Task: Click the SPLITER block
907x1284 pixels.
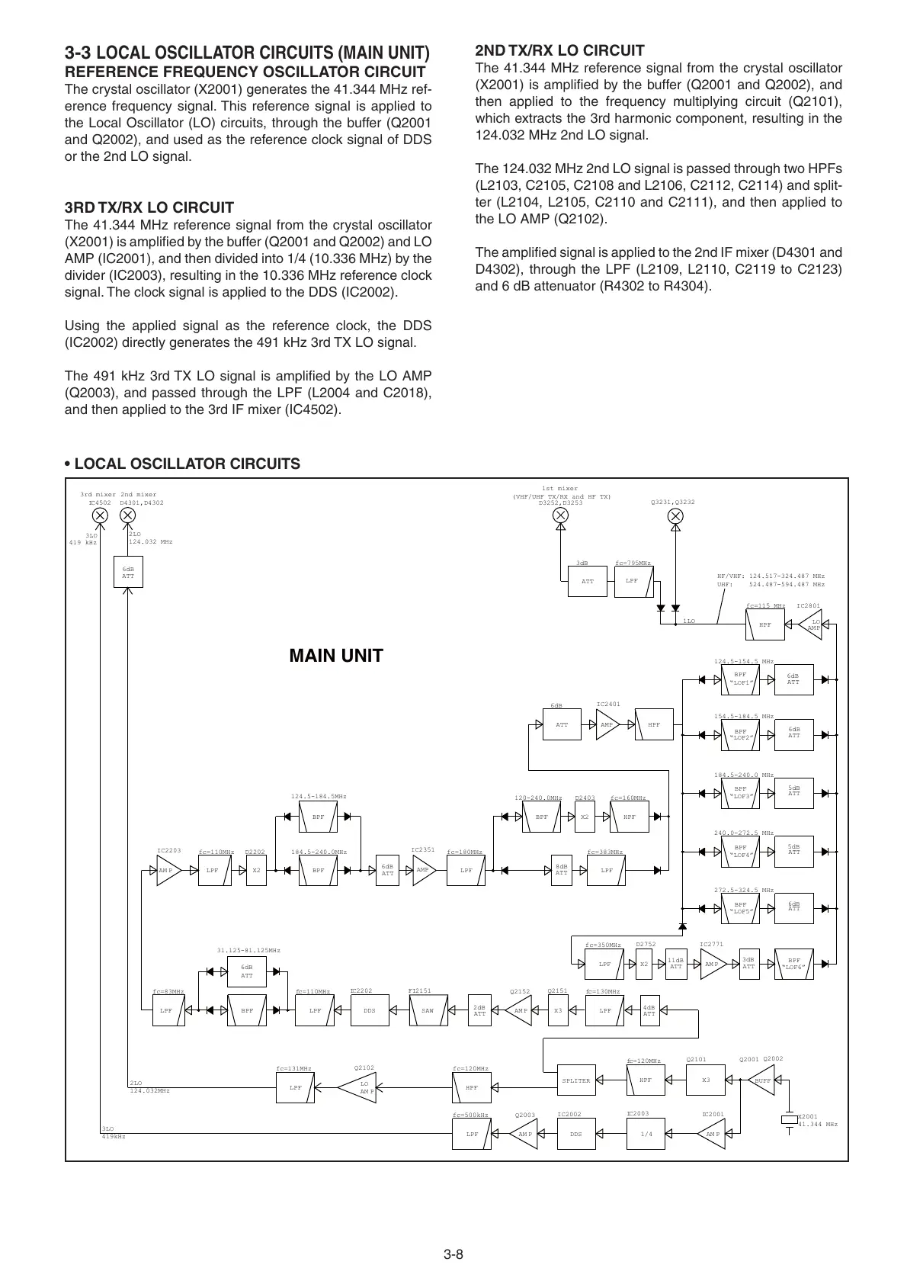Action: pos(575,1080)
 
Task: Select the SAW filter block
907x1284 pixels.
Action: pos(428,1011)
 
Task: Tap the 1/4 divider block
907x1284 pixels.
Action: pos(646,1134)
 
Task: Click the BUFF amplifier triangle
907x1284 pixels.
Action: pos(761,1080)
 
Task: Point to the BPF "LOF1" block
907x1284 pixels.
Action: pos(740,679)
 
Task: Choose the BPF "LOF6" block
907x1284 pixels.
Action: pos(794,964)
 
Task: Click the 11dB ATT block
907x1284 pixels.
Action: pos(675,964)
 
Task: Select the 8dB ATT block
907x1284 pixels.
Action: pos(562,870)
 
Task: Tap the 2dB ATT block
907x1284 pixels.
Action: pos(479,1011)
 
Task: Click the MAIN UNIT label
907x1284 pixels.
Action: pos(336,656)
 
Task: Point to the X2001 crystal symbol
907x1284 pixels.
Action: pos(788,1120)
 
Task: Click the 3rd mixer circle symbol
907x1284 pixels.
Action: pos(100,515)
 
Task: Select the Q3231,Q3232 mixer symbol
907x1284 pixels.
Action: pos(675,515)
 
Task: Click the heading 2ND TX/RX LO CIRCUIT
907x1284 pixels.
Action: pos(559,50)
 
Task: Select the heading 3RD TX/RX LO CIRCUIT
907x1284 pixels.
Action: pos(149,207)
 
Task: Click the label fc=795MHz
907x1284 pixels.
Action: pos(633,563)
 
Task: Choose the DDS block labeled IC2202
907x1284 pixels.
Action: pos(370,1011)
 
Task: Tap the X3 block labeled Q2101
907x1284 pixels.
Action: pos(706,1080)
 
